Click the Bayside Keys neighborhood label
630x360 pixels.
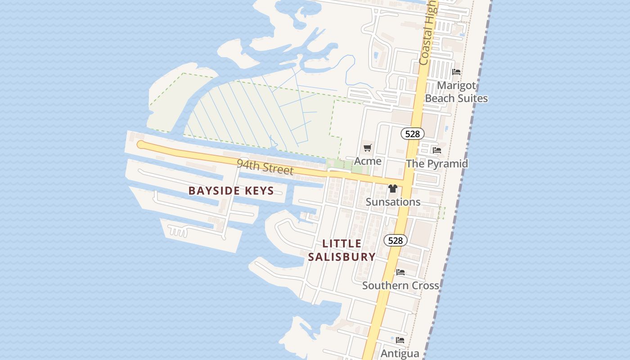click(x=231, y=190)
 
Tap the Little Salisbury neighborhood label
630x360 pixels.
click(x=342, y=250)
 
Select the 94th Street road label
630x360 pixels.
click(x=265, y=167)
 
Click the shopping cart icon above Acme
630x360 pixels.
click(x=368, y=148)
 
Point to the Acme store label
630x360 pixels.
click(x=368, y=161)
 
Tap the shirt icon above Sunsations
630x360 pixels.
click(x=393, y=189)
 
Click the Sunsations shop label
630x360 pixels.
click(x=393, y=202)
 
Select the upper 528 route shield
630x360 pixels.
click(x=412, y=134)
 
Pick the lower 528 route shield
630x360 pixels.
click(x=395, y=241)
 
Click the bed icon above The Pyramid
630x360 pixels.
click(x=436, y=150)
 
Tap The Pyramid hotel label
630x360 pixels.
click(x=437, y=163)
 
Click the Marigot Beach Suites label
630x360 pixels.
click(x=456, y=92)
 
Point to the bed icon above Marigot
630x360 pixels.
click(x=456, y=72)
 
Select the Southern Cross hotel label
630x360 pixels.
click(x=400, y=286)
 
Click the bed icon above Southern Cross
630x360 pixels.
click(x=400, y=272)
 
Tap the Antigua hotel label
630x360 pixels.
click(x=400, y=354)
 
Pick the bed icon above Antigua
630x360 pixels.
click(x=400, y=340)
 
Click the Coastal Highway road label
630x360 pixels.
click(x=427, y=34)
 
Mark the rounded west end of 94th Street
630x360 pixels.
click(x=141, y=144)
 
